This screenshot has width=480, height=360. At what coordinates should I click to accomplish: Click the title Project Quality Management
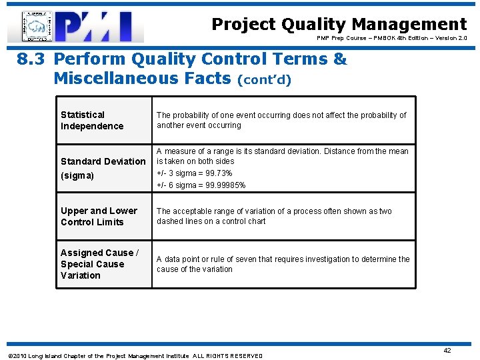pos(339,25)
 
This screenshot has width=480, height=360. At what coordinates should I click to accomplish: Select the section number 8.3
pos(31,59)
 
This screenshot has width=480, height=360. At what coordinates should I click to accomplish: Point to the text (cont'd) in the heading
pos(265,80)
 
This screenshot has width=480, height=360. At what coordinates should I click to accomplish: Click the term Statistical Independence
pos(92,121)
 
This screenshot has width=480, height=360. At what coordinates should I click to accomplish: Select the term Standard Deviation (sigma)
pos(102,168)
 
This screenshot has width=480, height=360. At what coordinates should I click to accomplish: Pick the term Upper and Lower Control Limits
pos(99,216)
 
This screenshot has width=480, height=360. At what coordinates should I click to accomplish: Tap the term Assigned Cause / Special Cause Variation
pos(99,264)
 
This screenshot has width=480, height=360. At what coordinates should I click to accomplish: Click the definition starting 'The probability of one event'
pos(281,120)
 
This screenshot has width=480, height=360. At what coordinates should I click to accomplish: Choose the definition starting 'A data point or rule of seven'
pos(283,264)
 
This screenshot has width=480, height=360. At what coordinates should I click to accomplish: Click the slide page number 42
pos(447,350)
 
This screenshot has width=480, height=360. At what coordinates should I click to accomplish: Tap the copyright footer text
pos(135,356)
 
